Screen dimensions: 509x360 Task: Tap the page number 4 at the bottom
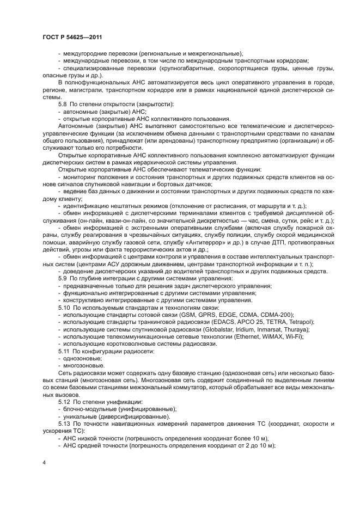(x=44, y=463)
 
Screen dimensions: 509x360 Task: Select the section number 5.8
(x=63, y=103)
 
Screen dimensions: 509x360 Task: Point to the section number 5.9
(x=63, y=279)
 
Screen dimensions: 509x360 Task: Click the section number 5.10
(x=65, y=308)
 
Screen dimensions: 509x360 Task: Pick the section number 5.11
(x=65, y=351)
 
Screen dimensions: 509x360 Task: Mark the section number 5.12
(x=65, y=401)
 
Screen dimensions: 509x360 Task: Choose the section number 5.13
(x=65, y=423)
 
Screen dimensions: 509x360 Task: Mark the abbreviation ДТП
(x=255, y=241)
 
